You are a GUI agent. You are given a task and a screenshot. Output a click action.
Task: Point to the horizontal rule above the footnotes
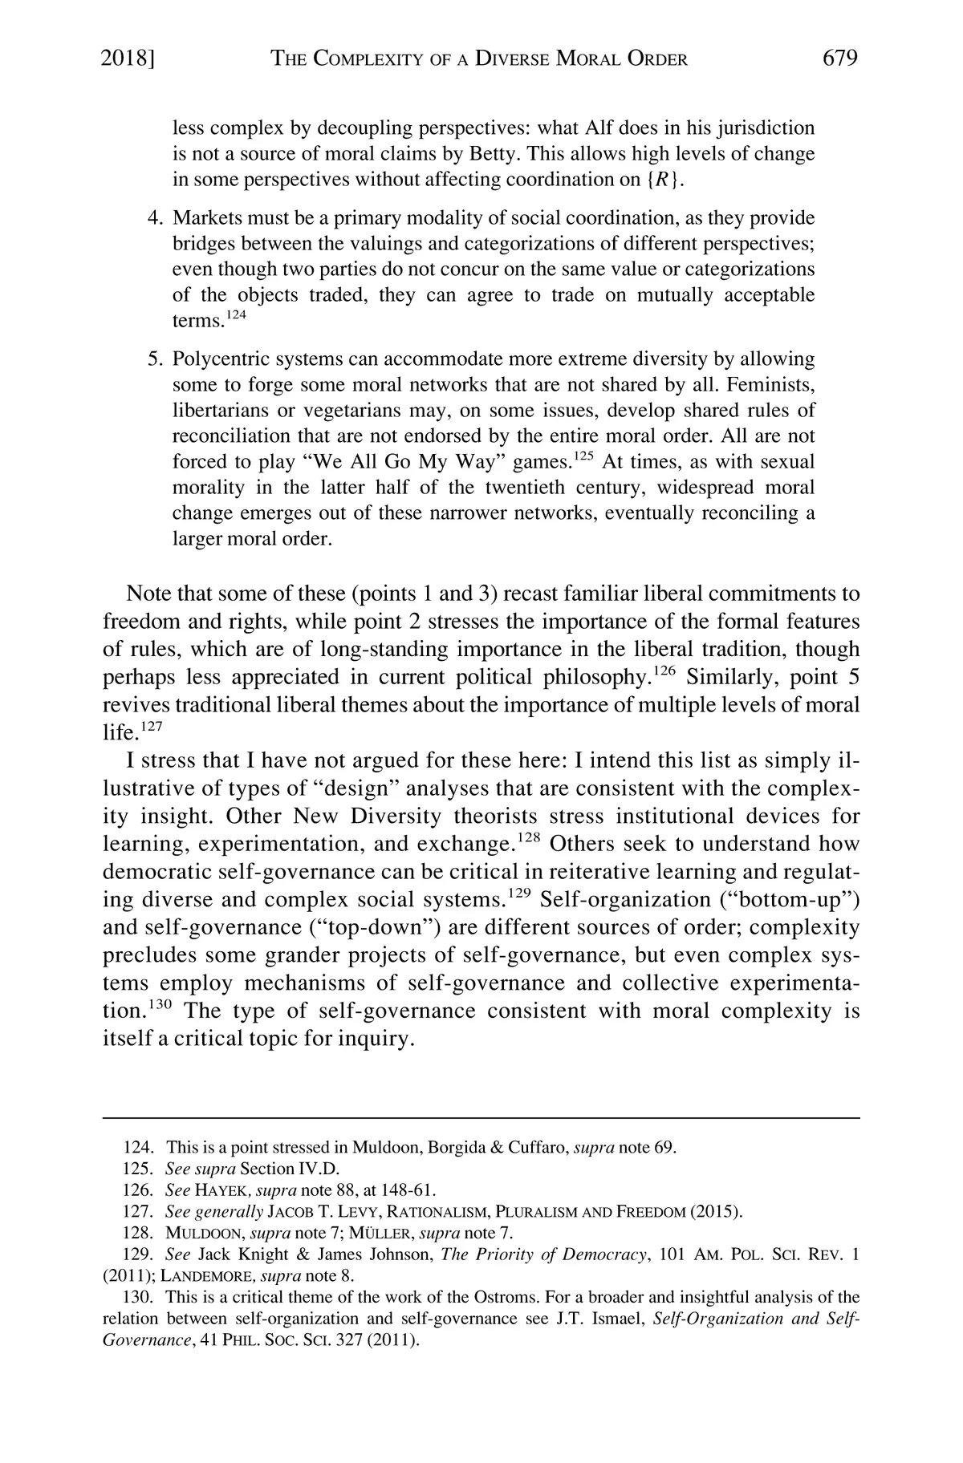coord(481,1117)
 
